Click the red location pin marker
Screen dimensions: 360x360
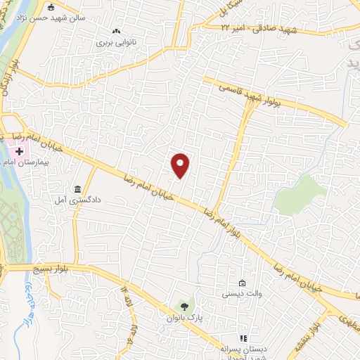pyautogui.click(x=181, y=165)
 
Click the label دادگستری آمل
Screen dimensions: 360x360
pyautogui.click(x=77, y=200)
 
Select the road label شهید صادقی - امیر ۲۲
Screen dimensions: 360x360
pyautogui.click(x=252, y=27)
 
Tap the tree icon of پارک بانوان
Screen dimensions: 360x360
pyautogui.click(x=184, y=306)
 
